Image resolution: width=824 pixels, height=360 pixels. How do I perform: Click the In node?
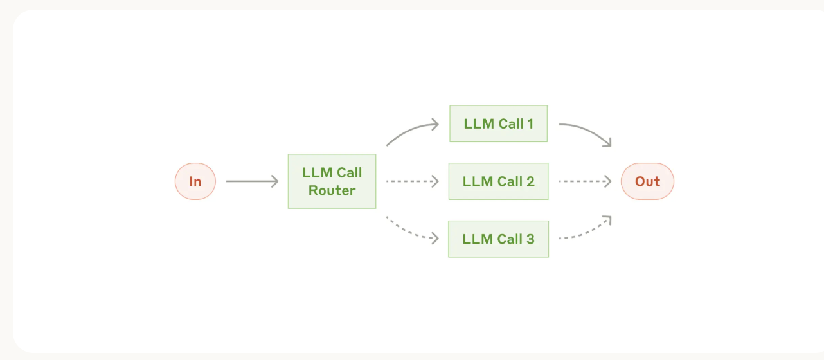(x=195, y=181)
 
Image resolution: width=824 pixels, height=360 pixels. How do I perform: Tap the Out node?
(x=647, y=181)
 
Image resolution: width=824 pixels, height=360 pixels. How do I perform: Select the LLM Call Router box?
(x=332, y=181)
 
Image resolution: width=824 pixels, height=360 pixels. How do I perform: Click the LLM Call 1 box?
(x=498, y=123)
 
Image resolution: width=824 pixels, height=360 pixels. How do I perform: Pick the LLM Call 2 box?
(x=498, y=181)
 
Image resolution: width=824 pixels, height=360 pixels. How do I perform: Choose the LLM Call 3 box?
(x=498, y=239)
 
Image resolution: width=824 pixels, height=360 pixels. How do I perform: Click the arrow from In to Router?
(x=253, y=181)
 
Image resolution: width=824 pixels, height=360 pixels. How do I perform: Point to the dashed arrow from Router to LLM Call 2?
(x=413, y=181)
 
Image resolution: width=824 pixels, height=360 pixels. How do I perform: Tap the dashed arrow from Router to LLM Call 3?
(x=409, y=232)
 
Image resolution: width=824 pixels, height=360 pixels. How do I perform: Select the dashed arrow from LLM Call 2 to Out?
(x=586, y=181)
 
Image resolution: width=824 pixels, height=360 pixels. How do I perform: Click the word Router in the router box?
(x=332, y=191)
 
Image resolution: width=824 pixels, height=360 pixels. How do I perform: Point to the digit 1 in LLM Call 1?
(x=530, y=124)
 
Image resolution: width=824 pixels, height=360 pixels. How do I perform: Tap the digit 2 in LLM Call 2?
(x=530, y=181)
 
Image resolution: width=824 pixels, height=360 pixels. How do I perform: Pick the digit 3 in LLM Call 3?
(x=530, y=239)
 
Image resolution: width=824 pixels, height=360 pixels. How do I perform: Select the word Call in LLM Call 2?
(x=510, y=181)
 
